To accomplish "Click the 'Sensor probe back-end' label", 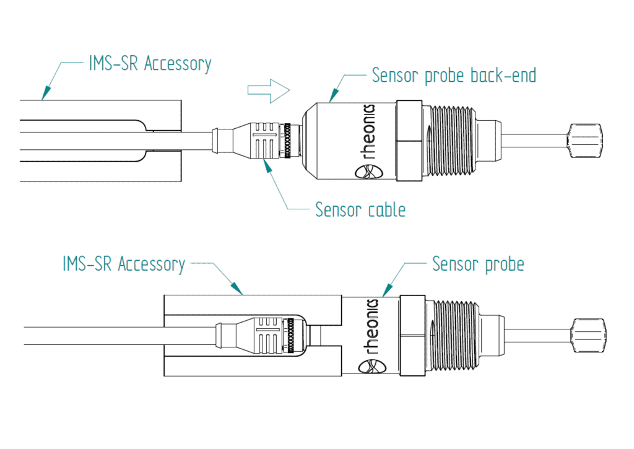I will (x=453, y=76).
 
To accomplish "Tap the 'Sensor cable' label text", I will (x=360, y=209).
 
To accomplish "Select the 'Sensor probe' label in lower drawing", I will (x=478, y=264).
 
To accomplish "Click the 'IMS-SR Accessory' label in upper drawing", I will (x=147, y=64).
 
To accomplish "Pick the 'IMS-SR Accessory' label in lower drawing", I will (x=124, y=264).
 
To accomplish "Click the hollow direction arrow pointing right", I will (x=268, y=91).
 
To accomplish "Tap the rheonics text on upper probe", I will (x=370, y=133).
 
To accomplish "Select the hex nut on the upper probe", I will (x=409, y=141).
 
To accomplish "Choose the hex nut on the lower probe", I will (x=412, y=335).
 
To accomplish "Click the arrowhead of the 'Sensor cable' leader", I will (x=267, y=163).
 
